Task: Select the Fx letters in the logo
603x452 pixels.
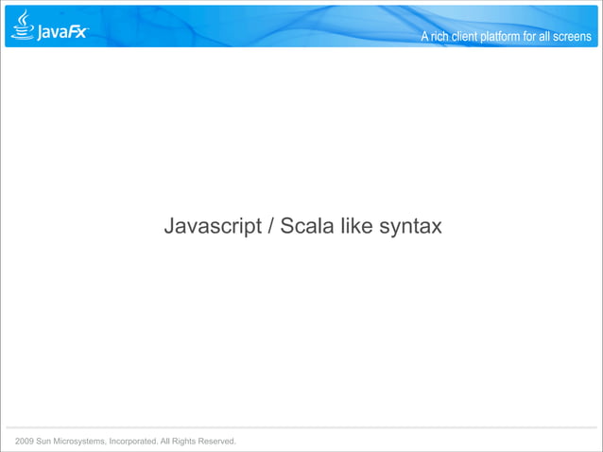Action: click(77, 31)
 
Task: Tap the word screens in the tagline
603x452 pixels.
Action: click(572, 37)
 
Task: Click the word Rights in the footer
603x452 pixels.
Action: click(181, 442)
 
